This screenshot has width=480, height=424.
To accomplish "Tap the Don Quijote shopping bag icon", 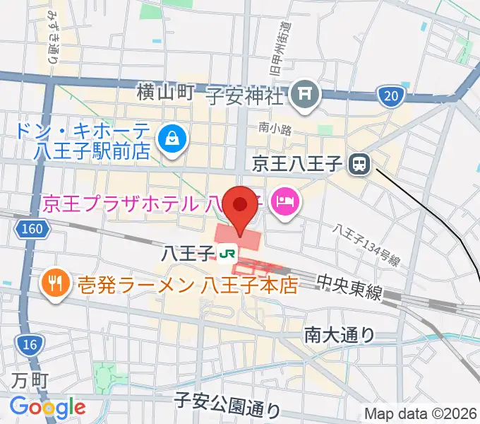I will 172,137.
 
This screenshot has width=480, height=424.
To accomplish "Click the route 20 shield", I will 390,95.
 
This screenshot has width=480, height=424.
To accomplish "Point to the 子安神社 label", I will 244,93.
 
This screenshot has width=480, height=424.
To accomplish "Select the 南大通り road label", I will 340,334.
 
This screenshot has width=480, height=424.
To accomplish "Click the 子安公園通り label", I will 227,406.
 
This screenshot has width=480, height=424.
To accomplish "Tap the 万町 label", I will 29,381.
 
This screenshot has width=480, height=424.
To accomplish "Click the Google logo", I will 48,406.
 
